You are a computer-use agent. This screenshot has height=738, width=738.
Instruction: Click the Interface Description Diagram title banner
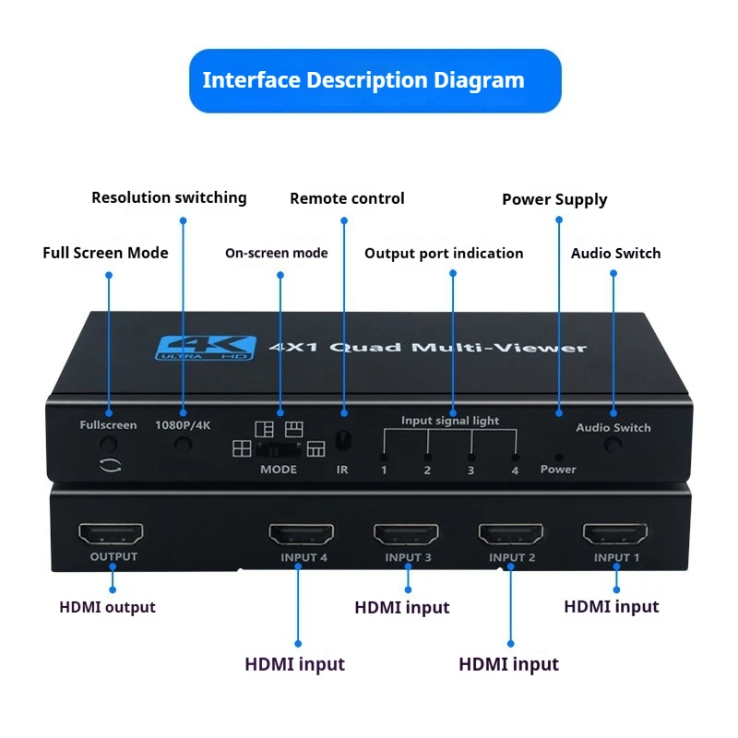(x=375, y=80)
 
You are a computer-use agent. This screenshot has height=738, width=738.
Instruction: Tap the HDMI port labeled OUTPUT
(x=111, y=534)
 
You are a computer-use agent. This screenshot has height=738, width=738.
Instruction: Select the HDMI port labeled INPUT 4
(x=301, y=534)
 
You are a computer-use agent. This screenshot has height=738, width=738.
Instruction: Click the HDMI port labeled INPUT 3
(x=406, y=534)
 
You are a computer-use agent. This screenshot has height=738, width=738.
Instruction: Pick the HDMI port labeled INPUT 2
(x=510, y=534)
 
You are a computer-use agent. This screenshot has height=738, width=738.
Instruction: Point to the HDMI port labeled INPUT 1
(x=615, y=534)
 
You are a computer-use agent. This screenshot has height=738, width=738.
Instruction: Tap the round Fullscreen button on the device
(x=109, y=444)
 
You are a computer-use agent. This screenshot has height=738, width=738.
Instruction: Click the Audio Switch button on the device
(x=613, y=445)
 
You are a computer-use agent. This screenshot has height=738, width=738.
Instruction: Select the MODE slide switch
(x=279, y=449)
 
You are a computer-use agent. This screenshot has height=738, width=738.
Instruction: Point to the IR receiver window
(x=343, y=442)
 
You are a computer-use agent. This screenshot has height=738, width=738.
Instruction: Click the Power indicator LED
(x=557, y=456)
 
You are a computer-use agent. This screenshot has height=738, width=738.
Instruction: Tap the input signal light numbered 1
(x=384, y=457)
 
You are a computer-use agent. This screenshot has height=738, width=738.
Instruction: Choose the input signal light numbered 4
(x=515, y=457)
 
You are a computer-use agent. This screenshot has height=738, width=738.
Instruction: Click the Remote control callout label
(x=347, y=198)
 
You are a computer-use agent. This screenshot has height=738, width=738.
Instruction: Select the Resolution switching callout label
(x=169, y=197)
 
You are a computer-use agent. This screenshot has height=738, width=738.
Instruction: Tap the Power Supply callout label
(x=554, y=199)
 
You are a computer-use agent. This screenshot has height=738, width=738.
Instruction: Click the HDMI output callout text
(x=107, y=607)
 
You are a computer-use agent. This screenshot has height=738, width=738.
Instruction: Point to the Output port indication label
(x=444, y=253)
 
